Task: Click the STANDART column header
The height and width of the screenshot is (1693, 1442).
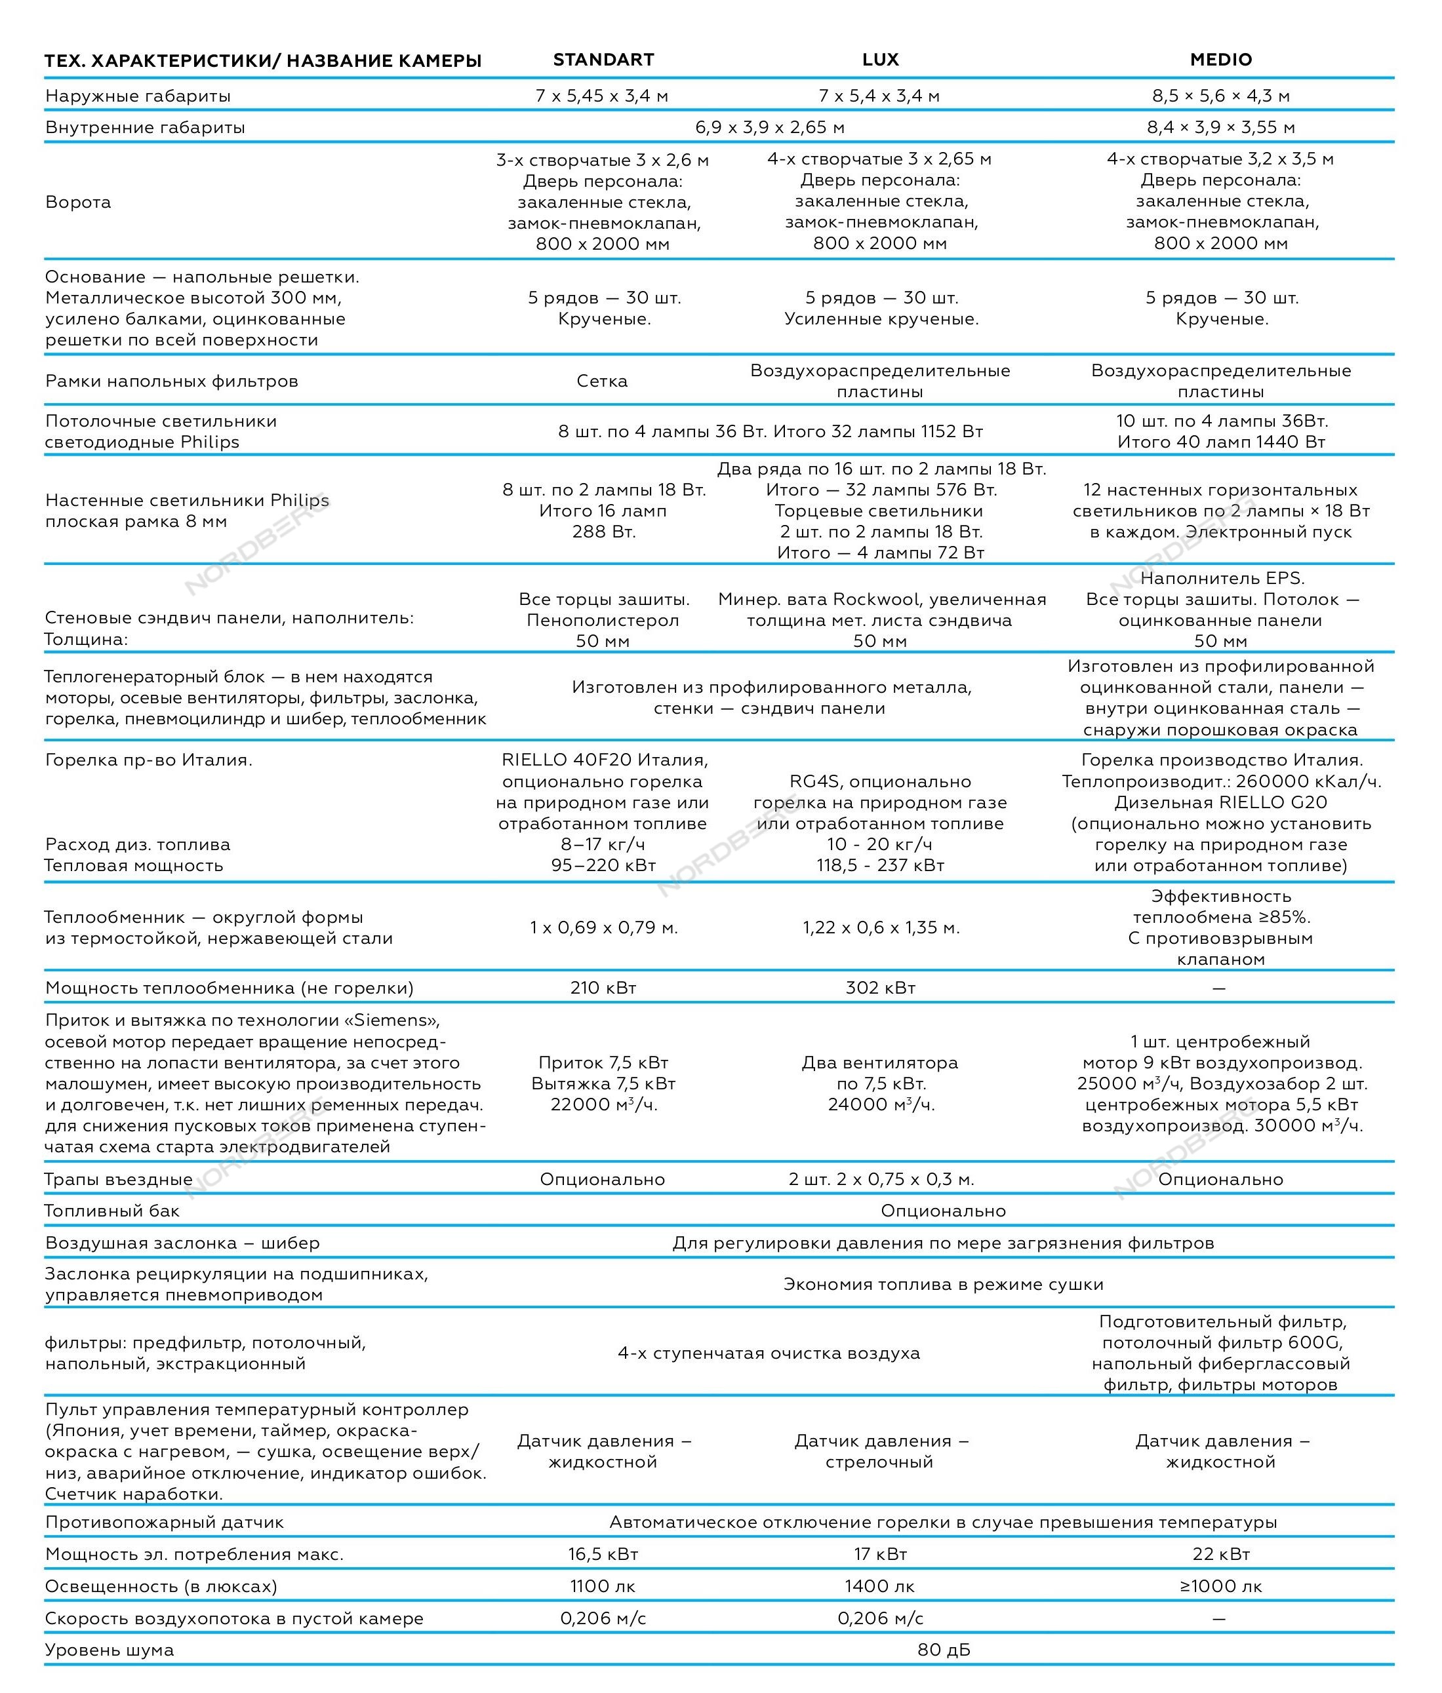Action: click(603, 60)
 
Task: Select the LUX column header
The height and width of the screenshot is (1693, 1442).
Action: click(881, 60)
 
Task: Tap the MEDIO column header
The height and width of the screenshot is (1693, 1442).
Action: click(1220, 60)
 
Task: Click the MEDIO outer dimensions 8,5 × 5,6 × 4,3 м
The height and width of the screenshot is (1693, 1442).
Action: click(1220, 96)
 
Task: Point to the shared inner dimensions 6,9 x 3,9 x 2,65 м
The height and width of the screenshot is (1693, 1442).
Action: click(770, 127)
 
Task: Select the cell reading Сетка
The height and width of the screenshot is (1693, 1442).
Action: click(603, 381)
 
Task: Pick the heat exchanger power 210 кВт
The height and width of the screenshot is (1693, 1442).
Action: click(603, 988)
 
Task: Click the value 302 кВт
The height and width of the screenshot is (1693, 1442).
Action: click(881, 988)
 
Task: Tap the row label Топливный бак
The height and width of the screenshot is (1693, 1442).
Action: click(112, 1211)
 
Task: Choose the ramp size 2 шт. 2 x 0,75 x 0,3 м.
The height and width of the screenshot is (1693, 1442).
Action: click(881, 1179)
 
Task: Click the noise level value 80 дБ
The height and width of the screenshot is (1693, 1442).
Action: click(944, 1650)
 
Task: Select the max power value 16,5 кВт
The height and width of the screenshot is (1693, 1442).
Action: click(603, 1554)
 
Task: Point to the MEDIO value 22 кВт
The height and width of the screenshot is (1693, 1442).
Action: click(1220, 1554)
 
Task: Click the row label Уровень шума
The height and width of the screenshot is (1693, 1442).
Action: click(110, 1650)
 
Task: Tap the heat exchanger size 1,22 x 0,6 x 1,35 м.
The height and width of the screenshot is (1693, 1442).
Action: click(881, 927)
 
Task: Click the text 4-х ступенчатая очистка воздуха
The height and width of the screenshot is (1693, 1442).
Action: click(769, 1353)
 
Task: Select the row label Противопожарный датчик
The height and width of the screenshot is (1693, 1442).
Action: click(165, 1522)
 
